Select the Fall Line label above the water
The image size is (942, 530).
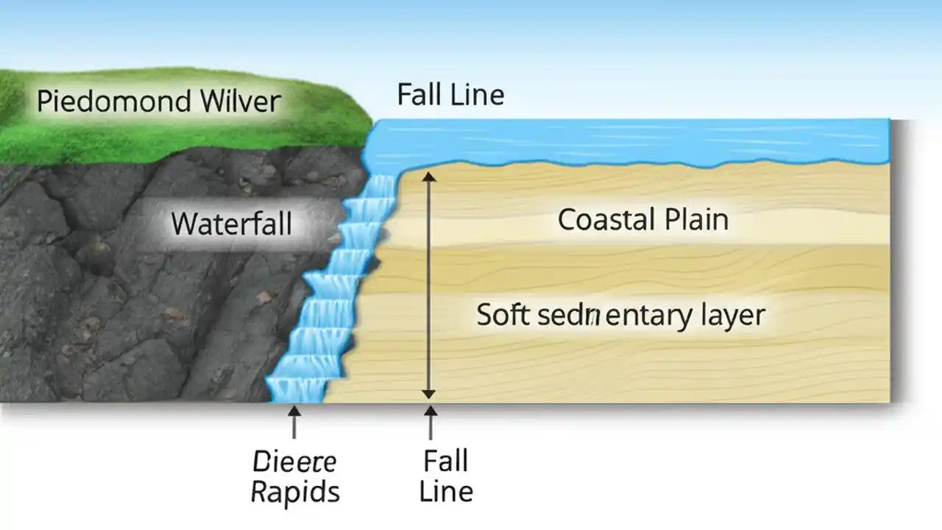click(450, 95)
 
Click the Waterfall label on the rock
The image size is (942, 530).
click(231, 222)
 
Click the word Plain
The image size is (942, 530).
click(696, 219)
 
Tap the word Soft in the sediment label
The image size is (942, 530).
click(503, 314)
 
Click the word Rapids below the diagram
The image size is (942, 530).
click(295, 492)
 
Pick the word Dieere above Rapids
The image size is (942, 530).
click(294, 462)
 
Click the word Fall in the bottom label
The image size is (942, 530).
click(445, 462)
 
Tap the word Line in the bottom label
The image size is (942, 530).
click(445, 491)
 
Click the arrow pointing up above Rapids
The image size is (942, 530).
click(294, 423)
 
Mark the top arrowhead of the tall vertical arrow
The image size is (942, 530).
click(429, 177)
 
